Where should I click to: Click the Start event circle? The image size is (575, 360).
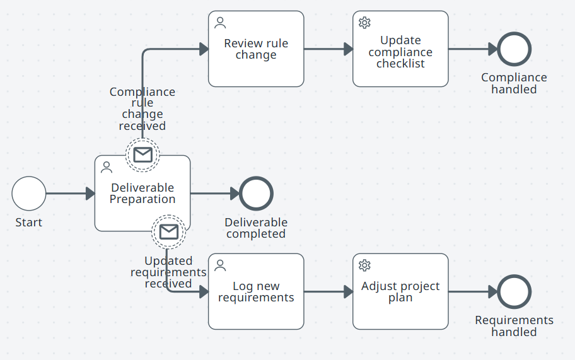tap(29, 194)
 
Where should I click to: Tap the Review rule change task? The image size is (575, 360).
tap(256, 49)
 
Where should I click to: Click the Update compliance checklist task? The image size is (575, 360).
tap(400, 52)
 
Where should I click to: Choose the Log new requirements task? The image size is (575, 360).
tap(256, 292)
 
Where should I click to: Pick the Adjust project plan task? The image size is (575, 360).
tap(400, 292)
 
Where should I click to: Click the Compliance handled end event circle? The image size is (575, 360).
tap(514, 49)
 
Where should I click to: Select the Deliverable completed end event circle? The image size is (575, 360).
tap(256, 194)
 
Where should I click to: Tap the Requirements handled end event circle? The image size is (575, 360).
tap(514, 291)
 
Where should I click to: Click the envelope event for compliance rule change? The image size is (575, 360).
tap(142, 154)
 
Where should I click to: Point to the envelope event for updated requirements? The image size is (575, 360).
tap(169, 232)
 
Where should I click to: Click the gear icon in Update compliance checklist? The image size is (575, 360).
tap(364, 23)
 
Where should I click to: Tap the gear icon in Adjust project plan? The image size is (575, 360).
tap(364, 265)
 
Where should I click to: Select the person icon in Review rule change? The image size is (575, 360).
tap(220, 23)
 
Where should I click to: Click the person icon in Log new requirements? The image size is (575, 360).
tap(220, 265)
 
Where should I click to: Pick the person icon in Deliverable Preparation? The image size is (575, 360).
tap(107, 167)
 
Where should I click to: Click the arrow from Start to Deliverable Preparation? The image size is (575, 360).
tap(70, 194)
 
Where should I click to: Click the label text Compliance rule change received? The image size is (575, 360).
tap(142, 109)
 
